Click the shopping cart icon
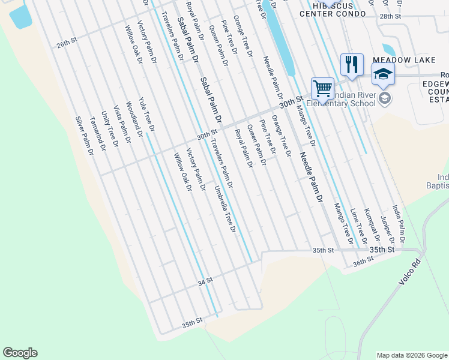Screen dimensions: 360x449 click(x=322, y=89)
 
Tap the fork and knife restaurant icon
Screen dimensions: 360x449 click(x=351, y=64)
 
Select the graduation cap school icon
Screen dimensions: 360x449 click(x=383, y=74)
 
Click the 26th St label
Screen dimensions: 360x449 click(x=67, y=44)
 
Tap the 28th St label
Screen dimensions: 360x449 click(x=390, y=16)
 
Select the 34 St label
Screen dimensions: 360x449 click(x=205, y=280)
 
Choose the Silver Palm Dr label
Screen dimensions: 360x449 click(x=85, y=136)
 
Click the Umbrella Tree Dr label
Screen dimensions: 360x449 click(x=225, y=209)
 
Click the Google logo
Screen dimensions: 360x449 click(x=20, y=353)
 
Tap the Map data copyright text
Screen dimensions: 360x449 click(x=411, y=355)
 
